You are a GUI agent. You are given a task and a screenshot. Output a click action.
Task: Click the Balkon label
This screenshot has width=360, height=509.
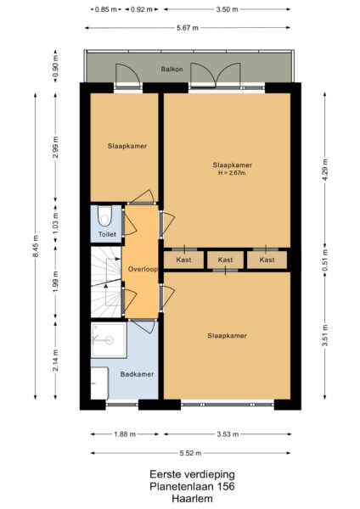pos(173,69)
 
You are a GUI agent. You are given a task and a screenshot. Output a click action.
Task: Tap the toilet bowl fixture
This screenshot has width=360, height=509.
pos(104,215)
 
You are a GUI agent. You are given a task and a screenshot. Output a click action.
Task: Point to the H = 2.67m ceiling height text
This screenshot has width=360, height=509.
pos(233,175)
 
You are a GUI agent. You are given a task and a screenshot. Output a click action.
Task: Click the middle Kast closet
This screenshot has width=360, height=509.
pos(225,260)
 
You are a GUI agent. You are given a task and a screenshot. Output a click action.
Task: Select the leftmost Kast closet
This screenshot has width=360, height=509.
pos(183,260)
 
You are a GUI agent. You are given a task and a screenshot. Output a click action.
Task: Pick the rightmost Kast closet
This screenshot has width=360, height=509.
pos(267,260)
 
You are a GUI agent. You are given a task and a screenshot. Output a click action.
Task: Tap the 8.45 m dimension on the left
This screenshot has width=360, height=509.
pos(35,249)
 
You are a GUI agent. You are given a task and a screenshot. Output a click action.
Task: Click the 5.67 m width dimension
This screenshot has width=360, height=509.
pos(188,28)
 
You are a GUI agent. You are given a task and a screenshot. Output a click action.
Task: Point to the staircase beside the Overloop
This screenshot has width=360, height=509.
pos(106,282)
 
